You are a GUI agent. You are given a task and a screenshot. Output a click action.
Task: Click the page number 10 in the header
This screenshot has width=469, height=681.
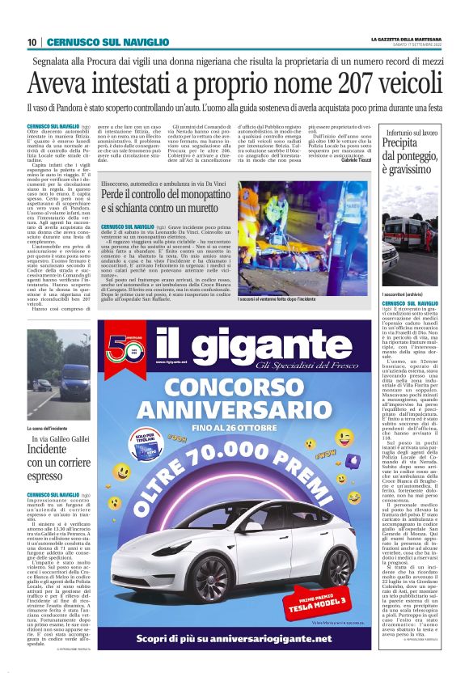tap(32, 42)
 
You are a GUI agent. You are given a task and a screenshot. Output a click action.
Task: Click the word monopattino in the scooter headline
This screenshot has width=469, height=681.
tap(217, 197)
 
